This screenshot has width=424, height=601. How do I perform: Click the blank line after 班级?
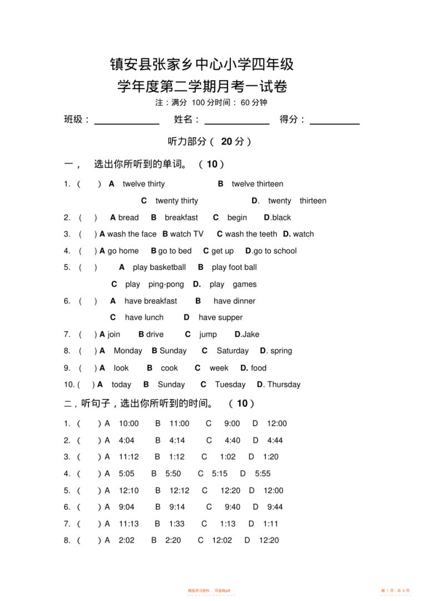pos(127,123)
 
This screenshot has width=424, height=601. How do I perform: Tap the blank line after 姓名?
pos(237,123)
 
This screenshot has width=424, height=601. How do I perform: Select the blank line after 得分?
pos(334,123)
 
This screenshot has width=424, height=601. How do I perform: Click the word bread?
pos(129,218)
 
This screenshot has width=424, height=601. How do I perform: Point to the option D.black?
pos(277,218)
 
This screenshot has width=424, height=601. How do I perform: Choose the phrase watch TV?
pos(187,234)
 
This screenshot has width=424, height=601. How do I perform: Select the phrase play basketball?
pos(159,268)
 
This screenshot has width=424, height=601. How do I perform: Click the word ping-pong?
pos(166,284)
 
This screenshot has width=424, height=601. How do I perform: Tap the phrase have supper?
pos(220,318)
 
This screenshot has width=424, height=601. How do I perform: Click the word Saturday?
pos(233,351)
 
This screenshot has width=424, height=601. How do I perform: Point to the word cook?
pos(169,368)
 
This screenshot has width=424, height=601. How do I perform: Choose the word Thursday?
pos(284,385)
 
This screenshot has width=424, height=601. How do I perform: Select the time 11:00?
pos(179,423)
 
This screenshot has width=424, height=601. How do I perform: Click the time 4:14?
pos(177,440)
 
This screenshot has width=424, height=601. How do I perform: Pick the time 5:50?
pos(173,474)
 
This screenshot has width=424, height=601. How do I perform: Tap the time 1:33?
pos(177,524)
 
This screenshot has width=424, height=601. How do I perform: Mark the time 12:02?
pos(222,540)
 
